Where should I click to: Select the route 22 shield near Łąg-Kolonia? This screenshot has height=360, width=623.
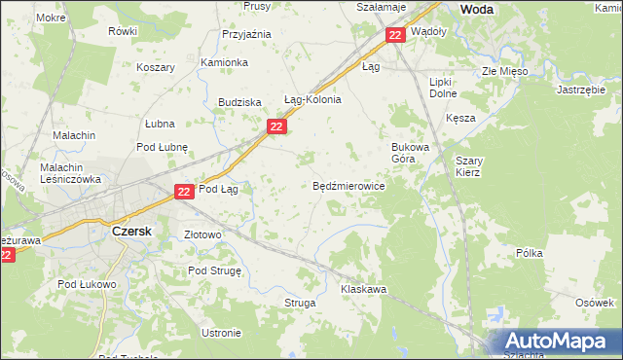click(277, 126)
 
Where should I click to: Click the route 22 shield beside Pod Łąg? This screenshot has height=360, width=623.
click(185, 193)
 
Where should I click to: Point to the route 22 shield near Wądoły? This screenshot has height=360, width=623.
click(394, 35)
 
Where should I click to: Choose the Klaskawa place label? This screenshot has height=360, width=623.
click(364, 290)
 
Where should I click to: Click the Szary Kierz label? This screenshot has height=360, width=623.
click(468, 165)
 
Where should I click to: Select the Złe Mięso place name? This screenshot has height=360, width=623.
click(503, 72)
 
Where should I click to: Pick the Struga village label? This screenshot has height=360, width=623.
click(300, 304)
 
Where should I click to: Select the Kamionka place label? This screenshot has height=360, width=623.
click(224, 62)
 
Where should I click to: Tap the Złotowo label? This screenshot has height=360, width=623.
click(203, 235)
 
